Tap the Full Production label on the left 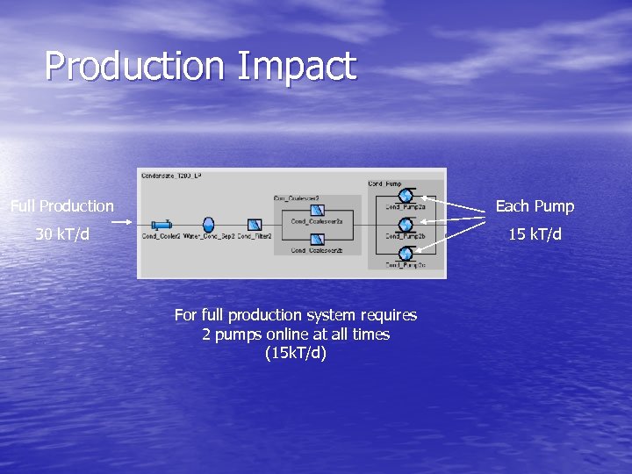coord(62,206)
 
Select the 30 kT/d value coord(62,234)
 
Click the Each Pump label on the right coord(535,206)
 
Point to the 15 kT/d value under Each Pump coord(535,234)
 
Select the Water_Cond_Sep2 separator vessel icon coord(208,225)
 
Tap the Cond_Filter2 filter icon coord(255,225)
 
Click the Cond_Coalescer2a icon coord(317,210)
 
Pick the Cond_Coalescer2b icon coord(317,240)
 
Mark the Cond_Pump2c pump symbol coord(406,254)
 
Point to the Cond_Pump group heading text coord(384,183)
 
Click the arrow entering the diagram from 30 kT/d coord(122,223)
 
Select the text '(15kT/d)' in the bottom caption coord(295,354)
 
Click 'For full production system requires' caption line coord(295,315)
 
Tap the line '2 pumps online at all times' coord(295,334)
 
